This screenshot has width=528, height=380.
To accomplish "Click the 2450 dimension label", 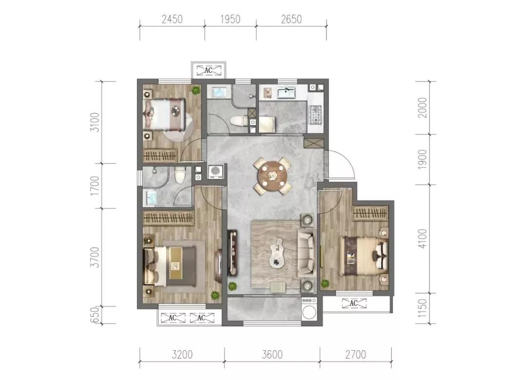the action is point(172,19).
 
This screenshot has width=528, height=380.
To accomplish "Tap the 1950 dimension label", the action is point(230,19).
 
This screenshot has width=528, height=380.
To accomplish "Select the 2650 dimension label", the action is point(291,19).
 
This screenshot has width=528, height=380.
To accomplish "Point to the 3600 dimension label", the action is point(272,355).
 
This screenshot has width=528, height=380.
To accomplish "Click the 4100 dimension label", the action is point(422,238).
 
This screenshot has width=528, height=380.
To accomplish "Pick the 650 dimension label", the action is point(95,315).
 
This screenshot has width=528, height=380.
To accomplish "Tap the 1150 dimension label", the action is point(422,308).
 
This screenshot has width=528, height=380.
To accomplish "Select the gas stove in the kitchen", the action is point(316,115).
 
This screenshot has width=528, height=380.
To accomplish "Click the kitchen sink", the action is point(286,92).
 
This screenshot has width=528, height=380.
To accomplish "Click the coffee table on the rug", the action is point(278,253).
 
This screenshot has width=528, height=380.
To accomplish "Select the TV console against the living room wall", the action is point(232,253).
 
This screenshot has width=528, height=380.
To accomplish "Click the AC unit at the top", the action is point(208,70).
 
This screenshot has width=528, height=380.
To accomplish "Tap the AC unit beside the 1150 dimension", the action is point(353,303).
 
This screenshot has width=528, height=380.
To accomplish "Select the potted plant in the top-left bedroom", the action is point(196,90).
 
